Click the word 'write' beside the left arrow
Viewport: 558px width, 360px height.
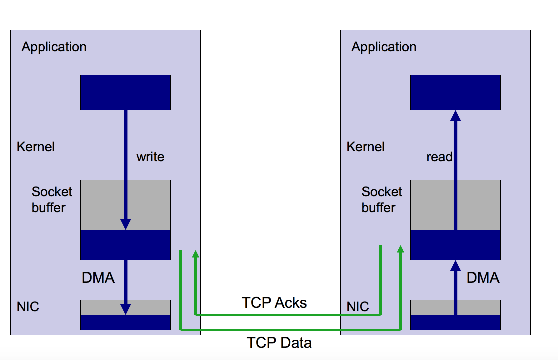click(150, 157)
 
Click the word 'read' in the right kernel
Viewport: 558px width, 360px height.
click(439, 157)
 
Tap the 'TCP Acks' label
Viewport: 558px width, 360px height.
click(274, 302)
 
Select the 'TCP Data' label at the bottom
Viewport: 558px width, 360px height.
click(279, 342)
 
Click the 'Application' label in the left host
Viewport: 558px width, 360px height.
click(54, 47)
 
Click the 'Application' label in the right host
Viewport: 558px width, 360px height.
click(384, 47)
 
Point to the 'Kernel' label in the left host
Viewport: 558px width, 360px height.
click(36, 147)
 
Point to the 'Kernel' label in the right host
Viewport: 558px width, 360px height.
click(366, 147)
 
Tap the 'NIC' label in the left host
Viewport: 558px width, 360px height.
click(28, 307)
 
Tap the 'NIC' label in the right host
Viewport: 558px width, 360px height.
click(358, 307)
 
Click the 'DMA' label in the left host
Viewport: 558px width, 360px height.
click(98, 277)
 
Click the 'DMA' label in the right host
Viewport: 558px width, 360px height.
click(483, 277)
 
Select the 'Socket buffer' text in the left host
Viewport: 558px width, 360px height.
click(52, 200)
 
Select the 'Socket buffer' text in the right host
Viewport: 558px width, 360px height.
click(381, 200)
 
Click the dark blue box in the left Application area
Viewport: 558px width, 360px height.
click(126, 92)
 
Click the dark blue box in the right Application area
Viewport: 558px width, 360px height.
click(456, 92)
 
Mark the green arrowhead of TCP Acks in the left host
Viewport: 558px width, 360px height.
click(196, 254)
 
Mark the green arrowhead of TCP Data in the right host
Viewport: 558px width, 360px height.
click(401, 249)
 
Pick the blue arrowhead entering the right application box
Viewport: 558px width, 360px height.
click(456, 116)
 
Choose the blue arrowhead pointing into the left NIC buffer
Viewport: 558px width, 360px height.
click(126, 309)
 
